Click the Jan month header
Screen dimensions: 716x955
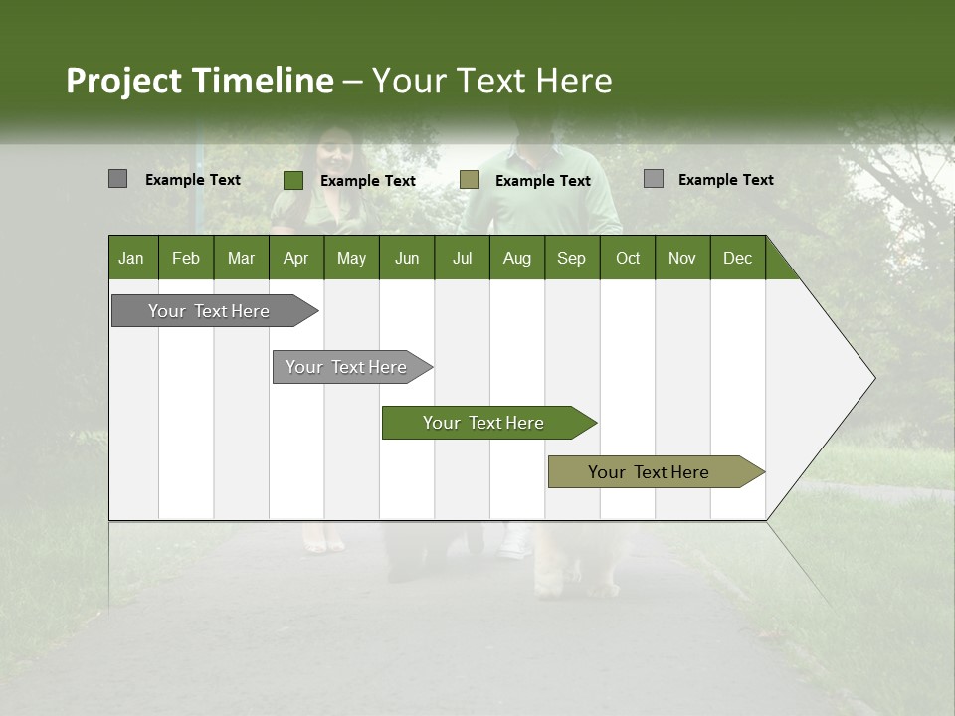point(131,258)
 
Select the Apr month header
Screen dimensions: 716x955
point(295,258)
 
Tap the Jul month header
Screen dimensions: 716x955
point(462,258)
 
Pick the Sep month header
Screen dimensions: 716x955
point(571,258)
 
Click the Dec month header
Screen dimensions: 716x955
point(737,258)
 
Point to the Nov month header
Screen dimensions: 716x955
point(681,258)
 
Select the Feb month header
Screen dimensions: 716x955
point(186,258)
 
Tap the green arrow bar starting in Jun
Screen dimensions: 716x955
point(484,423)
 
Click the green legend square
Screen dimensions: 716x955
point(293,180)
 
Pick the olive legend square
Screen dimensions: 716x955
point(470,179)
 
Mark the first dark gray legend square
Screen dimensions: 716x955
point(117,179)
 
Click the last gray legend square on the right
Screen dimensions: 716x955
point(653,179)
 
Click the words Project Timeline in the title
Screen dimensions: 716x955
point(199,81)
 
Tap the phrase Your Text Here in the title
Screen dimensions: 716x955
point(491,81)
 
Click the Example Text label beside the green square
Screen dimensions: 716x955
point(368,181)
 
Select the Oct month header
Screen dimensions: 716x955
point(627,258)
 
